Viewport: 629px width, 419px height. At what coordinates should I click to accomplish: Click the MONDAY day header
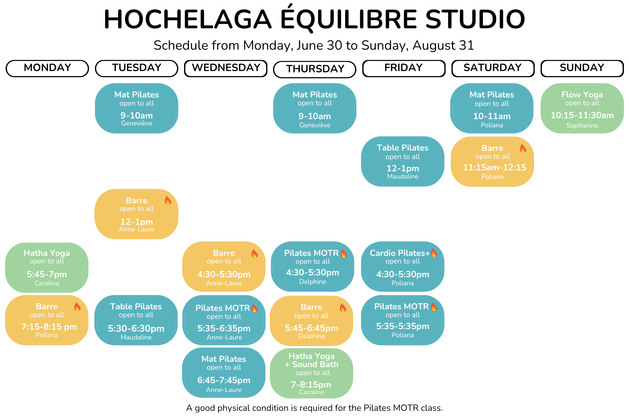tap(47, 68)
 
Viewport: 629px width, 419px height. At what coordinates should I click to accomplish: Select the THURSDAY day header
tap(315, 69)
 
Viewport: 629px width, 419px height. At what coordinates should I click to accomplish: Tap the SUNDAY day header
tap(582, 68)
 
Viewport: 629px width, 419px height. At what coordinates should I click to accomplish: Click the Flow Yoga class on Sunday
tap(582, 108)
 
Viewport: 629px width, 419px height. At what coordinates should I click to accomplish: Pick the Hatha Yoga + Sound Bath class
tap(311, 373)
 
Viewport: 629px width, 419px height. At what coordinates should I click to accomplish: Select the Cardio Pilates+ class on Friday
tap(403, 267)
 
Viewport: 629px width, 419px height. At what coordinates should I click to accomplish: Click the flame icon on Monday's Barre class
tap(77, 306)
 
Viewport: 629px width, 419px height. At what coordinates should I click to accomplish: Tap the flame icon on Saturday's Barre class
tap(523, 148)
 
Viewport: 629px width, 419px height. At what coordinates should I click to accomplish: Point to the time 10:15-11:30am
tap(582, 115)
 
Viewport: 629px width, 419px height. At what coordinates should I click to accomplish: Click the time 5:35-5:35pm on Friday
tap(403, 326)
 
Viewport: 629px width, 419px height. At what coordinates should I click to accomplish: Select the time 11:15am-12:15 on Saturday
tap(495, 168)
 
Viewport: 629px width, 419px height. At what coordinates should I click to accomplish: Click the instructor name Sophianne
tap(582, 125)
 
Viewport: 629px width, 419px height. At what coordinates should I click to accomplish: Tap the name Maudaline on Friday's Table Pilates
tap(403, 176)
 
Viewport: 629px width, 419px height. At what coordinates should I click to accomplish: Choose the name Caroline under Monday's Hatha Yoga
tap(47, 283)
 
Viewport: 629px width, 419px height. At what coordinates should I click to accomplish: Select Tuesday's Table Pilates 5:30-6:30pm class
tap(136, 320)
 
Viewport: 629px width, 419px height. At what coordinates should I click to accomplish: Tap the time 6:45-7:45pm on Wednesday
tap(224, 380)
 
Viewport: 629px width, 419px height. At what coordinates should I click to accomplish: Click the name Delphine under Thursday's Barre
tap(312, 336)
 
